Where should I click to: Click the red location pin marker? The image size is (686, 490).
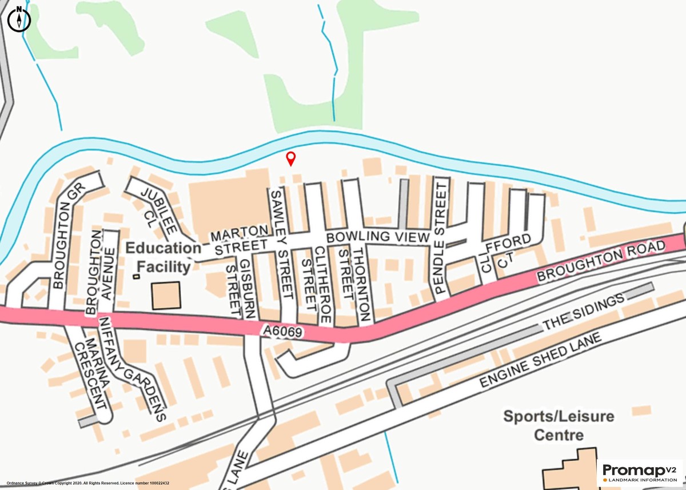(291, 158)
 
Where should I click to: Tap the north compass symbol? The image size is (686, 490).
(20, 18)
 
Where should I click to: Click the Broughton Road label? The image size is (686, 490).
(601, 262)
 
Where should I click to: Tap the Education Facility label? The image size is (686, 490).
(163, 257)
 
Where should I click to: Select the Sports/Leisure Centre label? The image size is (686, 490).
(559, 425)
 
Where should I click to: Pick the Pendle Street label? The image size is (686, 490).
(441, 236)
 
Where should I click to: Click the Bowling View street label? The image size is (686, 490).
(377, 237)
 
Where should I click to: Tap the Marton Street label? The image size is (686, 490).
(239, 240)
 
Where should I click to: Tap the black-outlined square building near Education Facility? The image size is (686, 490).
(166, 296)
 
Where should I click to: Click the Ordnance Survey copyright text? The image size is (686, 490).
(89, 483)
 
